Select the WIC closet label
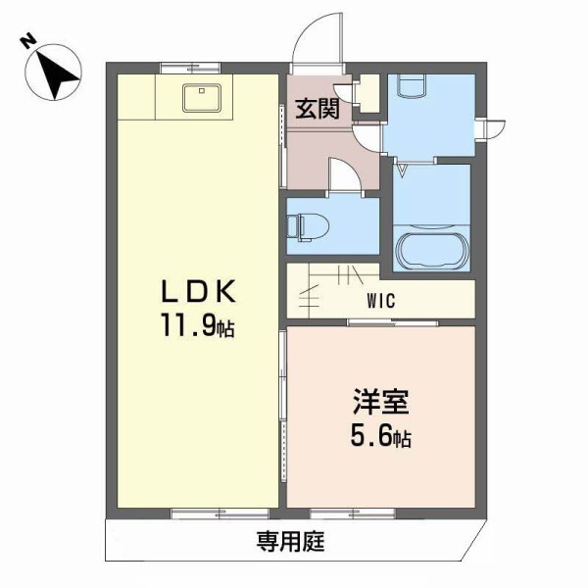click(x=382, y=302)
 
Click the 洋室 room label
click(x=381, y=403)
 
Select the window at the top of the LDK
click(x=190, y=68)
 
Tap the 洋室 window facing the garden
click(x=353, y=513)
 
